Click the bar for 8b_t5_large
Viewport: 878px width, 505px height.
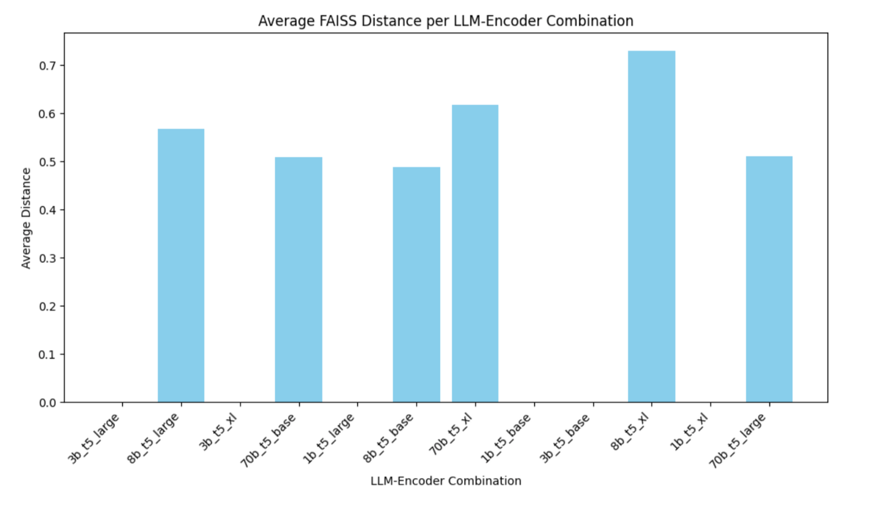(181, 265)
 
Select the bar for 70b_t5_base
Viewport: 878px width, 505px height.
(299, 279)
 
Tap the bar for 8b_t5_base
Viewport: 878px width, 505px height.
(416, 284)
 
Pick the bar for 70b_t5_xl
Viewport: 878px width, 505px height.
(475, 253)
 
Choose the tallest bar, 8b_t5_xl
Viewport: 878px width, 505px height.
(651, 226)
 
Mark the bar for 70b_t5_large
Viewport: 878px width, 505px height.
(769, 279)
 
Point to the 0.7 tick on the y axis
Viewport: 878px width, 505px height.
(47, 66)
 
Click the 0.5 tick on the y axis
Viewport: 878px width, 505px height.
(47, 162)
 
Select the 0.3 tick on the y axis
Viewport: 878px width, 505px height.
(47, 258)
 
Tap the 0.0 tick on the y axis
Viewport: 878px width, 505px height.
(47, 403)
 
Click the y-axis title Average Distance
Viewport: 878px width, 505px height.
(26, 218)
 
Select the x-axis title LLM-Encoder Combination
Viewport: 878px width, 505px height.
(446, 481)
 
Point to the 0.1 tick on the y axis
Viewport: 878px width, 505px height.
(47, 354)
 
